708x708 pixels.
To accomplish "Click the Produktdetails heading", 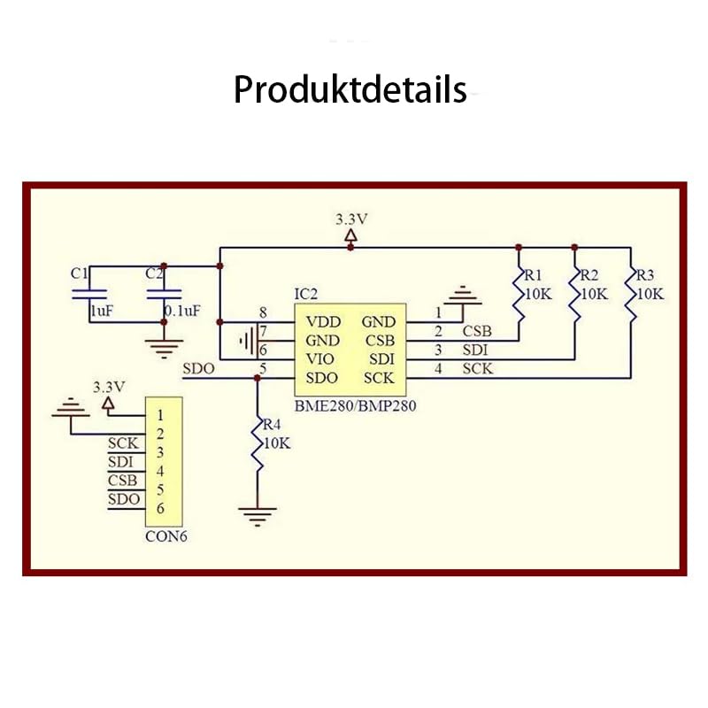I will click(350, 89).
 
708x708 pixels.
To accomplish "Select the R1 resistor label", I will click(534, 274).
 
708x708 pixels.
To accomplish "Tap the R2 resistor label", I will click(590, 274).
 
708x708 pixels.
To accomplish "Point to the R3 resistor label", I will click(646, 274).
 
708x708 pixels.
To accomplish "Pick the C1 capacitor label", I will click(80, 273).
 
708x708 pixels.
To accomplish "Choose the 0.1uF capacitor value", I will click(182, 311).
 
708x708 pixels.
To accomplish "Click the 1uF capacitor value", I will click(100, 311).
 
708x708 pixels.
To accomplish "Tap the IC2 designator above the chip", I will click(305, 293).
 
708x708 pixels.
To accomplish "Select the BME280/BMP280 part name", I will click(354, 407).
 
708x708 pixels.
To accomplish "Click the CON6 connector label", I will click(166, 535).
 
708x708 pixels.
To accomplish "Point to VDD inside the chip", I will click(323, 322).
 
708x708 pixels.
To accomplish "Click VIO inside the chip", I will click(321, 360).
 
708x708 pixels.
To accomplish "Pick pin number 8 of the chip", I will click(262, 312).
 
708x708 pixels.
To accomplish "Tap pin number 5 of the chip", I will click(262, 369).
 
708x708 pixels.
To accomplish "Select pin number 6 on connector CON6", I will click(160, 508).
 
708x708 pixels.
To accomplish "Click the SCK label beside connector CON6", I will click(123, 443).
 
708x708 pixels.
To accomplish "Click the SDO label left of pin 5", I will click(197, 369).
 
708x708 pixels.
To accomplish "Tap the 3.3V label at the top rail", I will click(351, 218).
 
